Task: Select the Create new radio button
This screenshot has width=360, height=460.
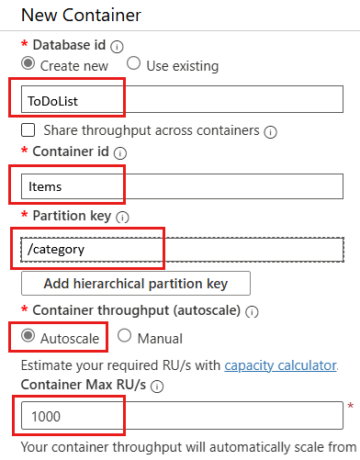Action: point(28,65)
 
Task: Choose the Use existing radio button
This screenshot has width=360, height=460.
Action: point(133,64)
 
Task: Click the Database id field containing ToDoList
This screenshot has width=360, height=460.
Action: point(180,98)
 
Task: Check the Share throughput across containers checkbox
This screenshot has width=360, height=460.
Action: point(28,130)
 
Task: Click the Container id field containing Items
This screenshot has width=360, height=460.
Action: point(180,186)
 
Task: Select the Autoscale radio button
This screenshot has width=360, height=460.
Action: point(28,337)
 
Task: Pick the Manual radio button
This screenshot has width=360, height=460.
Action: point(124,337)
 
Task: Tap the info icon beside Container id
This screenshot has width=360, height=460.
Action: point(120,154)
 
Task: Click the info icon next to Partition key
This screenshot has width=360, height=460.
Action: point(122,217)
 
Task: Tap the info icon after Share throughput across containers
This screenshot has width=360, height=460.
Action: point(270,131)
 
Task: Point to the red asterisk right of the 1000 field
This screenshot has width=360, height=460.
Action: point(350,406)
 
